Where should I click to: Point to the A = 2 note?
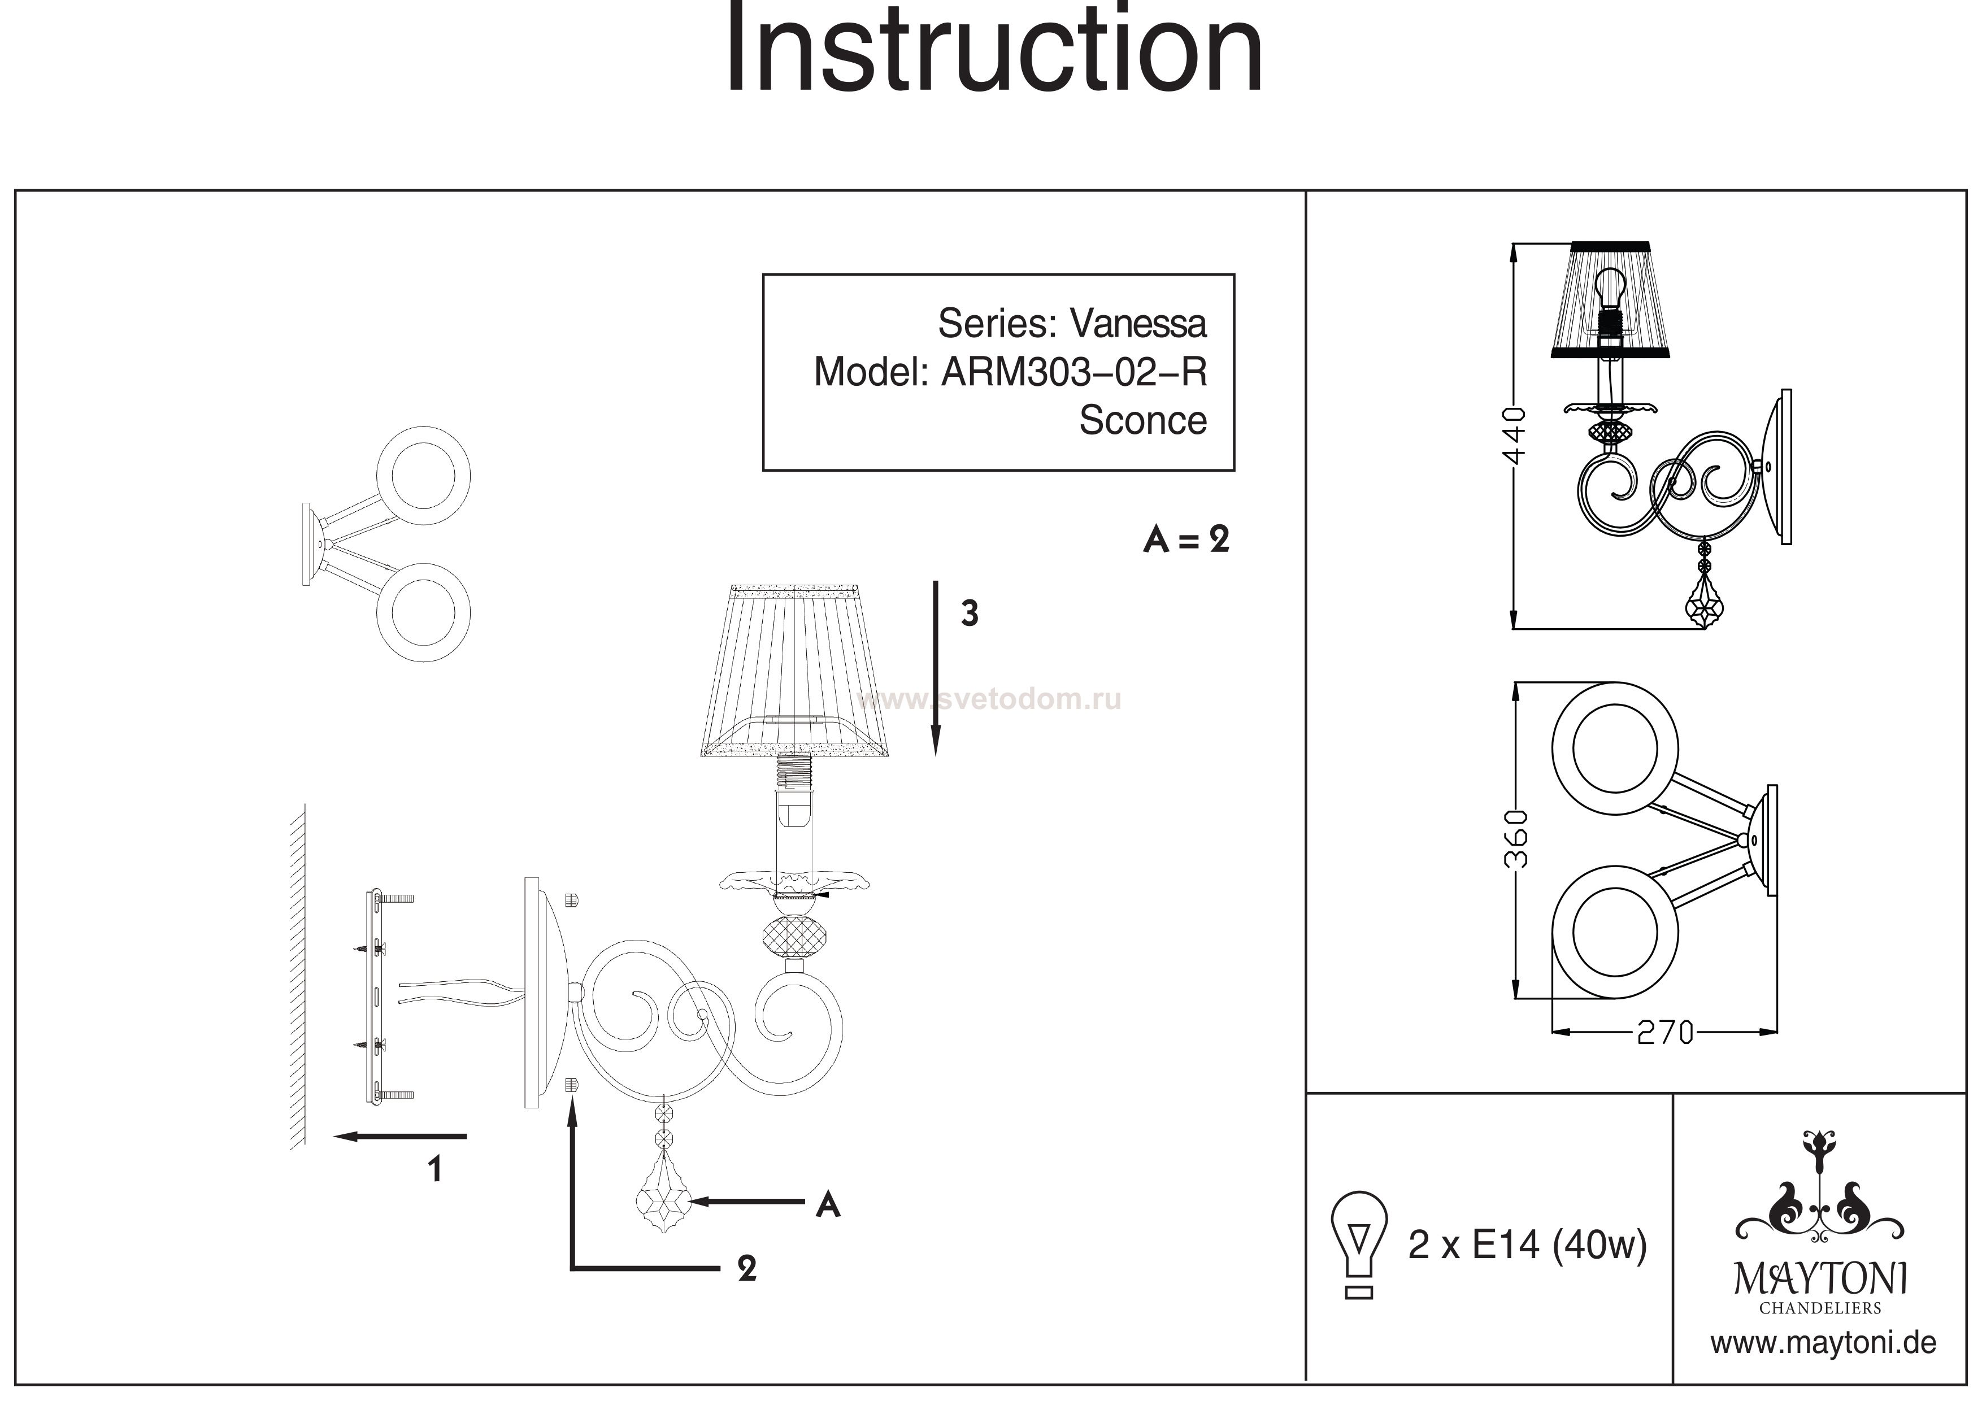(1185, 541)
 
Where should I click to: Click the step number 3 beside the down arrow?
(970, 614)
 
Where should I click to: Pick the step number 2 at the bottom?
(747, 1268)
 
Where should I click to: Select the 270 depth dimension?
(1665, 1033)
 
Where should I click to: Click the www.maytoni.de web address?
(1823, 1343)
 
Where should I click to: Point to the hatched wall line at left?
(298, 976)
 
